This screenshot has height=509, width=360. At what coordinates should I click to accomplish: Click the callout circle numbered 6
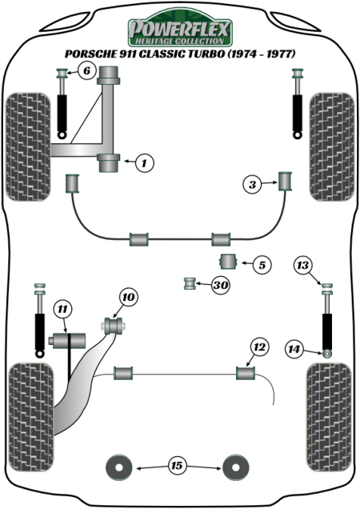86,70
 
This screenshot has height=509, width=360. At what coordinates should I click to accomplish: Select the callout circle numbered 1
144,162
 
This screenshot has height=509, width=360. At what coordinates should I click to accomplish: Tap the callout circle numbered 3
252,185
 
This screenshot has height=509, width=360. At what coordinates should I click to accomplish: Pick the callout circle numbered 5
262,265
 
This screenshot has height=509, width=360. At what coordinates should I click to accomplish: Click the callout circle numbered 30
221,285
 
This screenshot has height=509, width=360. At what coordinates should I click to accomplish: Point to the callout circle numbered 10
129,297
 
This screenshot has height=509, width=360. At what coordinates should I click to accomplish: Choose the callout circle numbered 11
62,310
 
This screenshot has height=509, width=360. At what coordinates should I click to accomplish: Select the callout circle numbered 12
259,347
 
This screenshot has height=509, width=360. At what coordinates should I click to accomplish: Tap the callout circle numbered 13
302,265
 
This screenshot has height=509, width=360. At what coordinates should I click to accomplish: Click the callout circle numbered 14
294,349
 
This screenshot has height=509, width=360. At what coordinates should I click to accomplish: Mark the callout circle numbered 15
177,466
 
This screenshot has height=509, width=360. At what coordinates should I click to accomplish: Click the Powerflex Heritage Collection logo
180,27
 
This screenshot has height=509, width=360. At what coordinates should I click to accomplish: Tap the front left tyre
28,146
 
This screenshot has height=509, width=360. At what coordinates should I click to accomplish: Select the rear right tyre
329,417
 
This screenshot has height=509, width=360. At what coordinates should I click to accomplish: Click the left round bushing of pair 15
119,467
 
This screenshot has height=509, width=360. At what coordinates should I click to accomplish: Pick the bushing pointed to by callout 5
228,262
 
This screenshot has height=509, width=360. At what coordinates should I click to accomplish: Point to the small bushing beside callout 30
190,283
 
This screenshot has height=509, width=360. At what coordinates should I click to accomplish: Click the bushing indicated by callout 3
286,181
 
